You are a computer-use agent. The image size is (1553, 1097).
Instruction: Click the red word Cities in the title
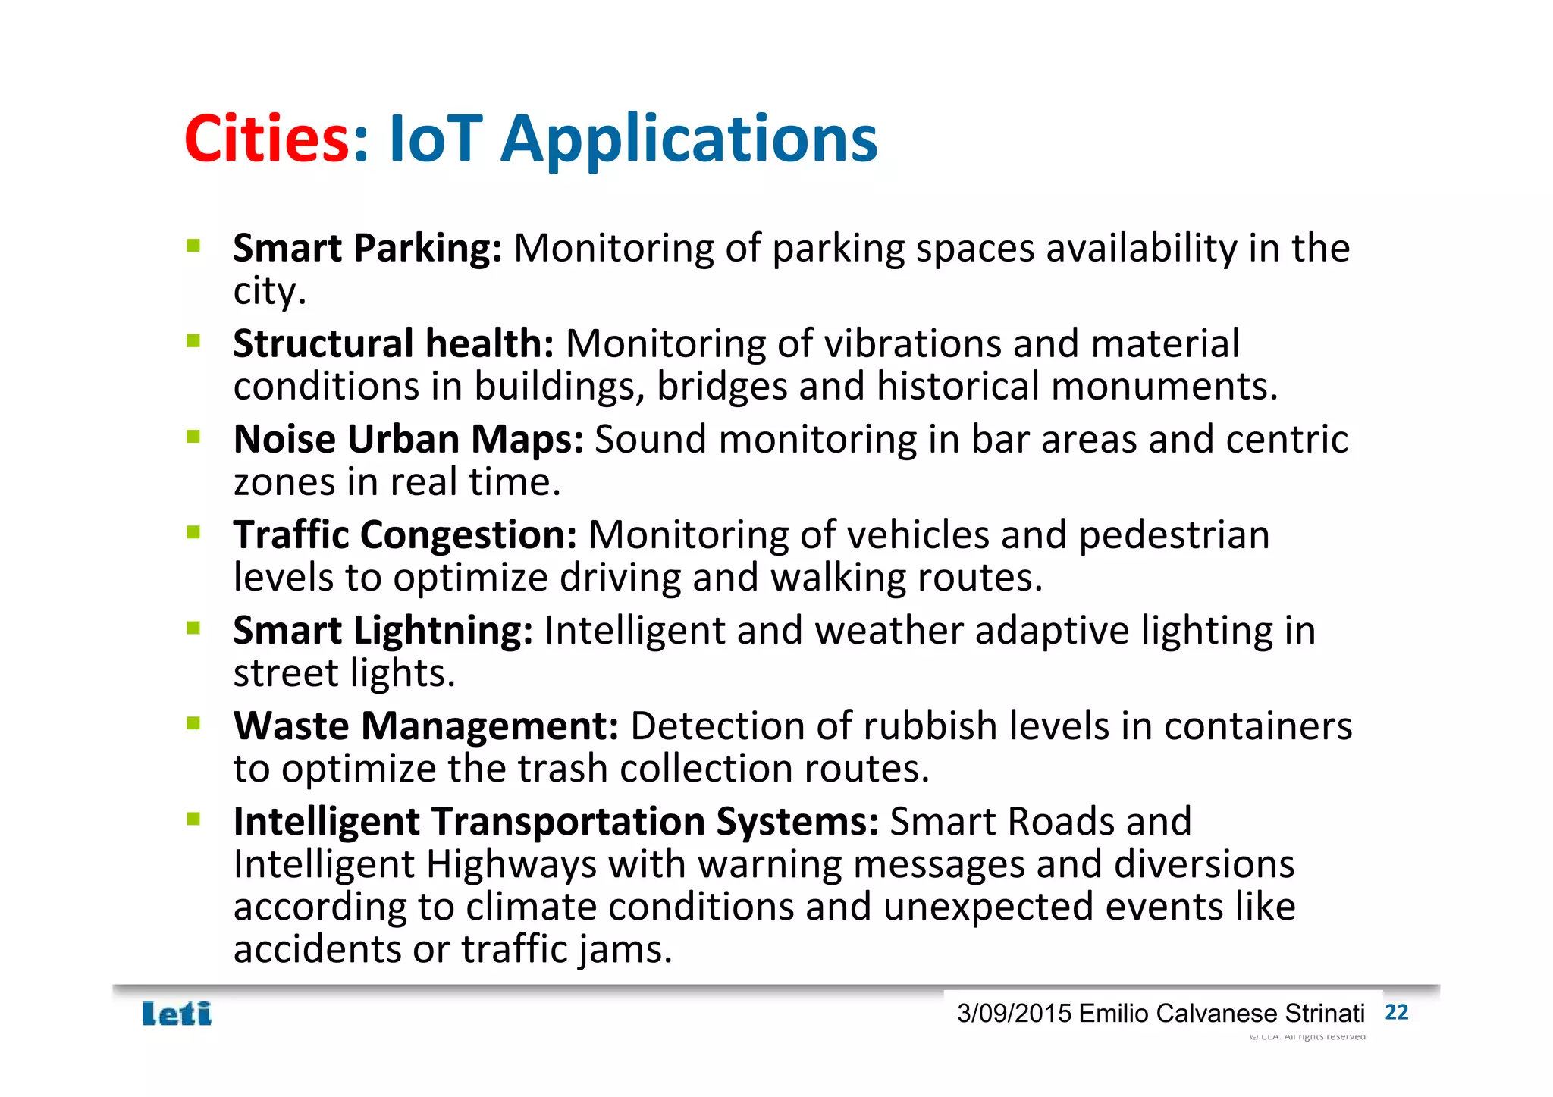point(266,139)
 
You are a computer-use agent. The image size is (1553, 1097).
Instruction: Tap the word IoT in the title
point(435,139)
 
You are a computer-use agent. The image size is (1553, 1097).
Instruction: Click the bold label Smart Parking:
point(367,249)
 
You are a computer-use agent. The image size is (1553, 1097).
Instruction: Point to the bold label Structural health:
point(394,344)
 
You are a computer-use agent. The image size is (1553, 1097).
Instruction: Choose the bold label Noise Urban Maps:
point(408,440)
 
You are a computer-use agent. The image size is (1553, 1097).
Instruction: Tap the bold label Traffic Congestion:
point(405,535)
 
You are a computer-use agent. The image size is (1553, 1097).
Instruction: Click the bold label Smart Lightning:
point(383,631)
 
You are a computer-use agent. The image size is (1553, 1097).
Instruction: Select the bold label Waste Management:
point(426,726)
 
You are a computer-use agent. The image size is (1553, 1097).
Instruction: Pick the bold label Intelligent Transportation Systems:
point(556,822)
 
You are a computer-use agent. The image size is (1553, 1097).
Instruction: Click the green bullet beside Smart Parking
point(193,246)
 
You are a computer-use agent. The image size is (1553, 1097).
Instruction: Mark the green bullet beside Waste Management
point(193,723)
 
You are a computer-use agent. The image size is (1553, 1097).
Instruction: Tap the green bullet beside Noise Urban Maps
point(193,437)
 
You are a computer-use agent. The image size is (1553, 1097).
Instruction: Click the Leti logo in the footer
point(177,1014)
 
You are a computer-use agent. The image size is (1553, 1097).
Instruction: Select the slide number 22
point(1396,1012)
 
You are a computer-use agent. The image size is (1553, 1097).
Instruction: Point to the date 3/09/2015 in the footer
point(1014,1014)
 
